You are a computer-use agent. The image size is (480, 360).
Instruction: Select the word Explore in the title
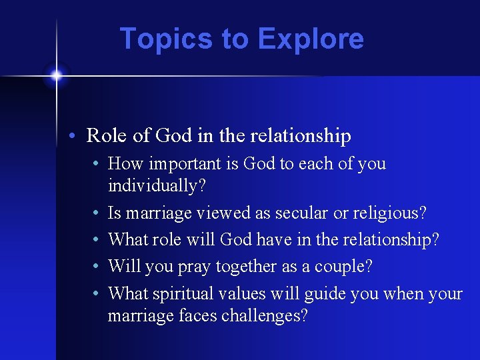(311, 39)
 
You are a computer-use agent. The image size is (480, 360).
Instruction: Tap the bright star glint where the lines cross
(57, 75)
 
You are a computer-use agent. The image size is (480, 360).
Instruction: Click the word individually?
(156, 186)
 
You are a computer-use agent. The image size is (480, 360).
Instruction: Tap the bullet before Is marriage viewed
(97, 214)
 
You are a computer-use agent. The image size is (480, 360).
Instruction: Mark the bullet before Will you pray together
(97, 267)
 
